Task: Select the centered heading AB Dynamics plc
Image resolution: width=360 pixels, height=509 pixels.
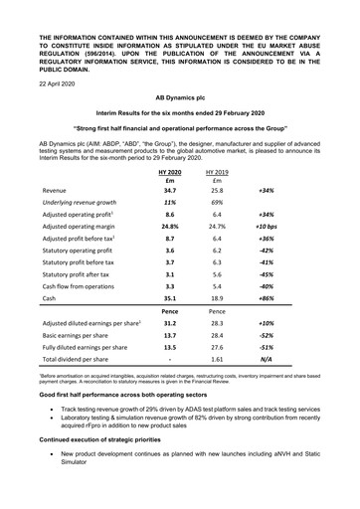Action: pos(180,100)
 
